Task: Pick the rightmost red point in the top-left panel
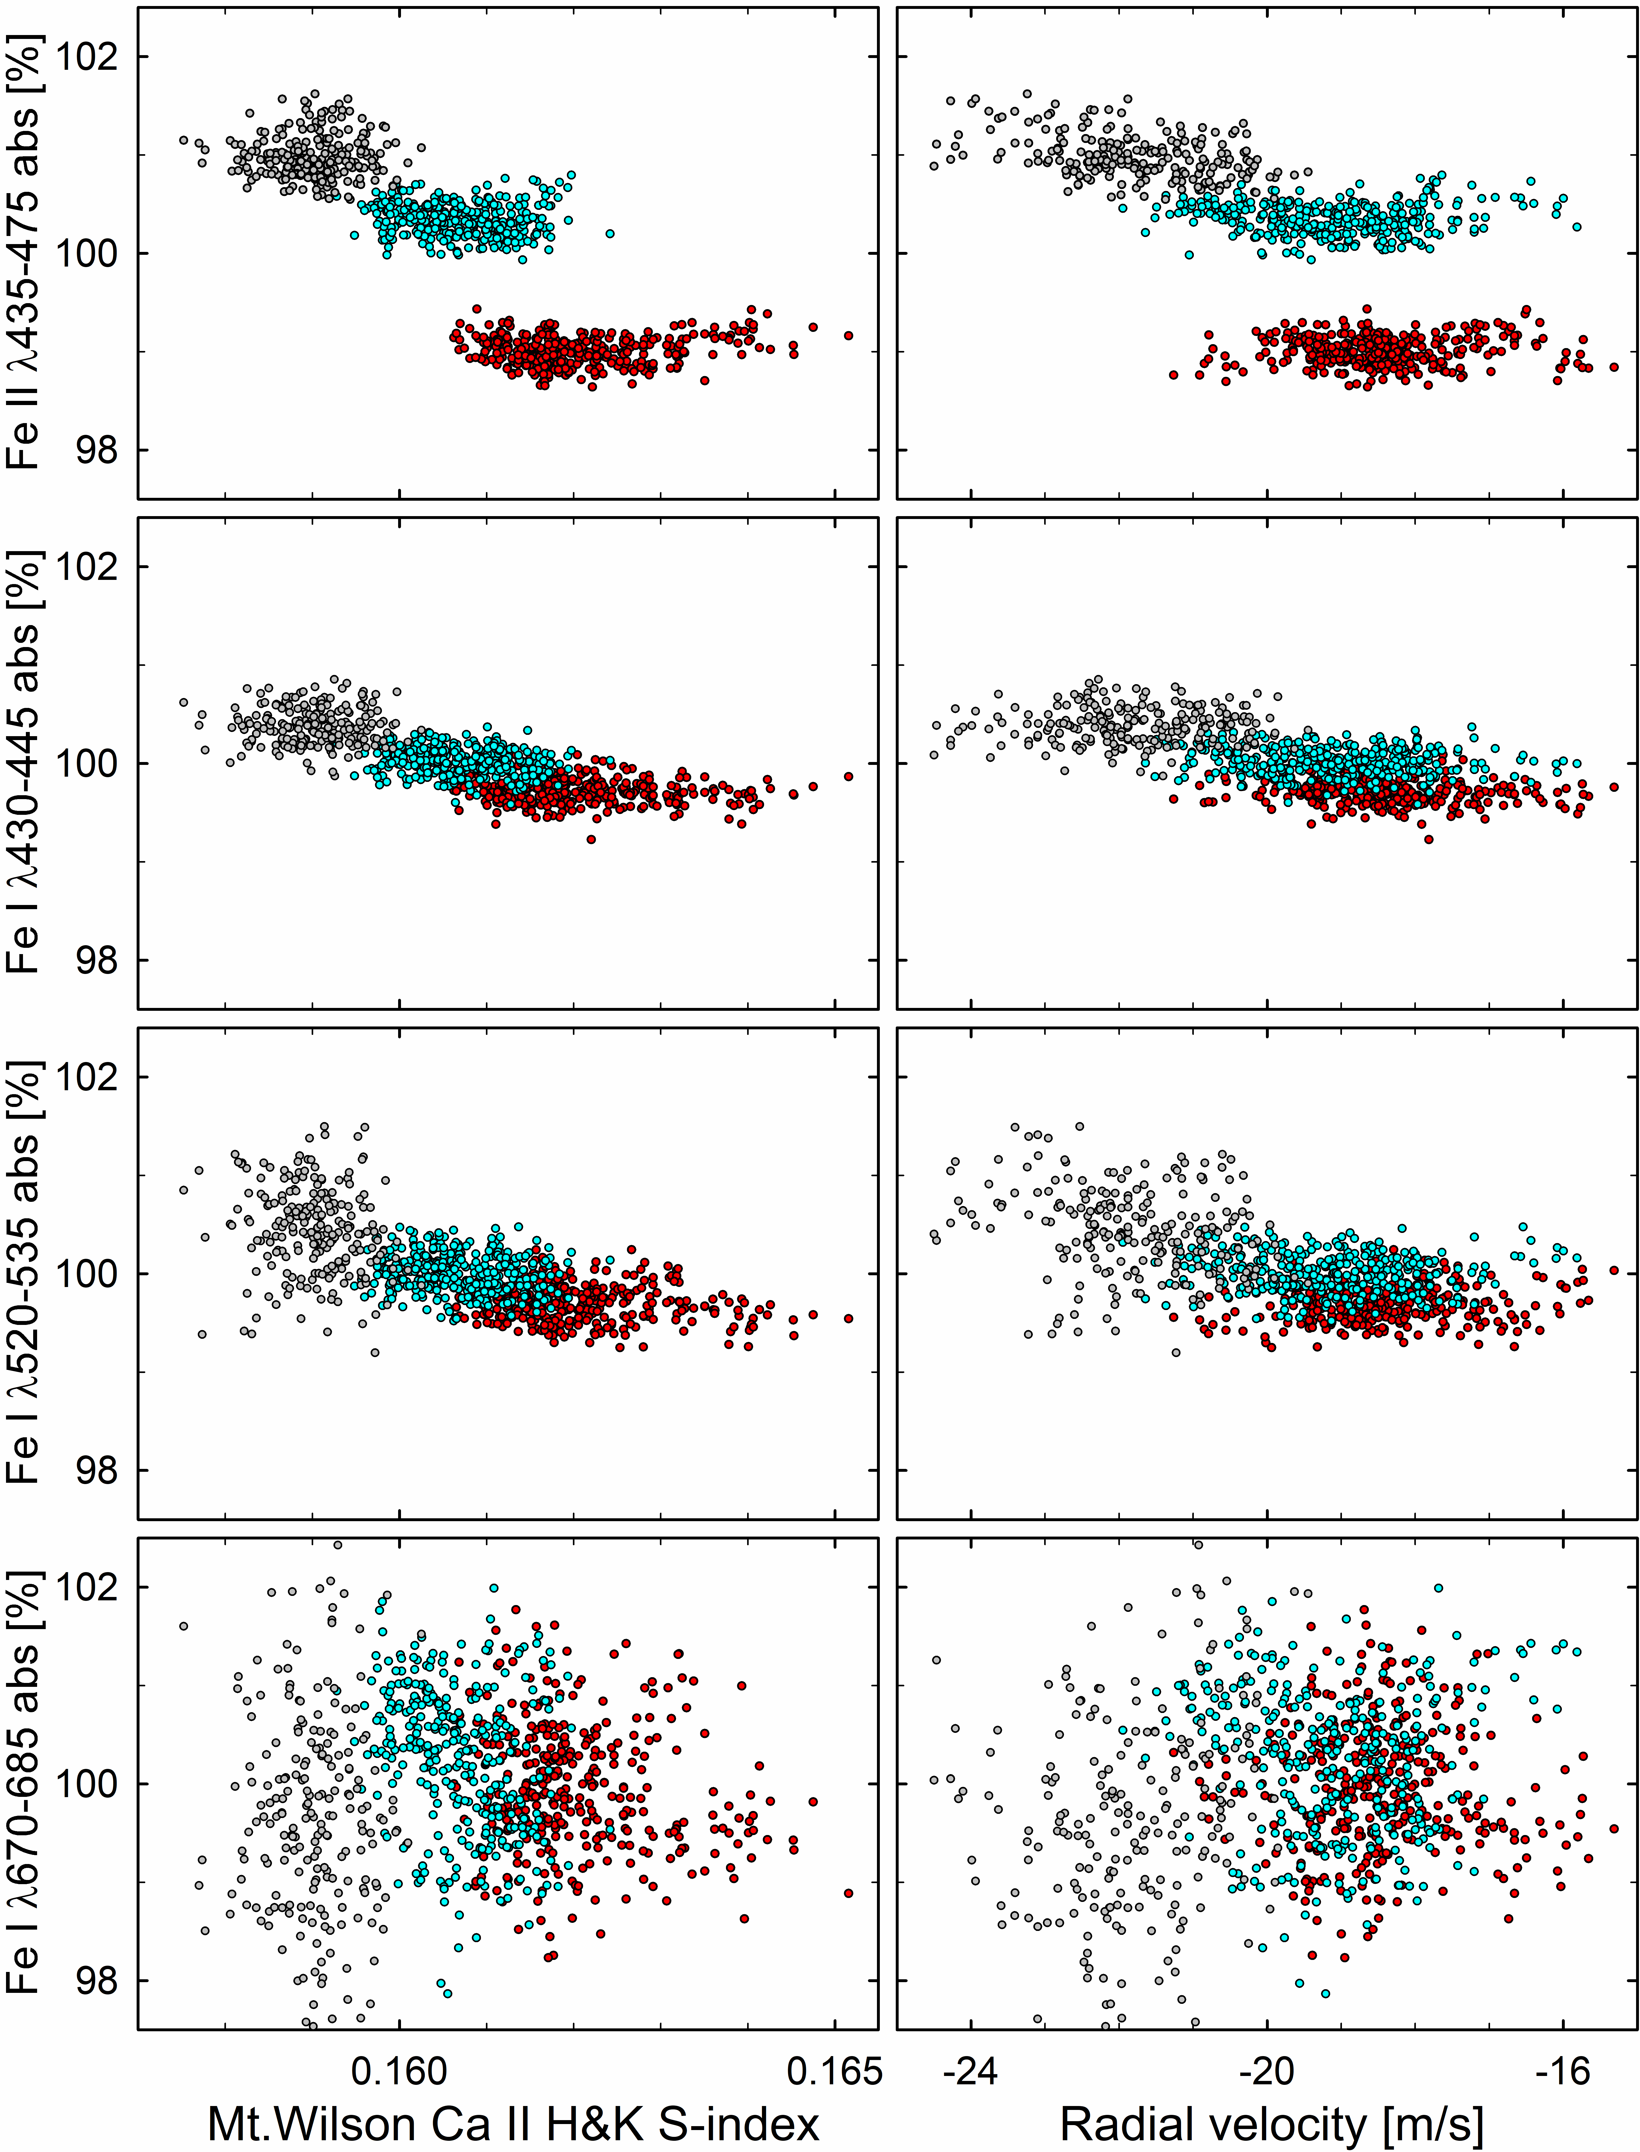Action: click(848, 335)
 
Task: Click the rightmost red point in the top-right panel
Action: click(1615, 367)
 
